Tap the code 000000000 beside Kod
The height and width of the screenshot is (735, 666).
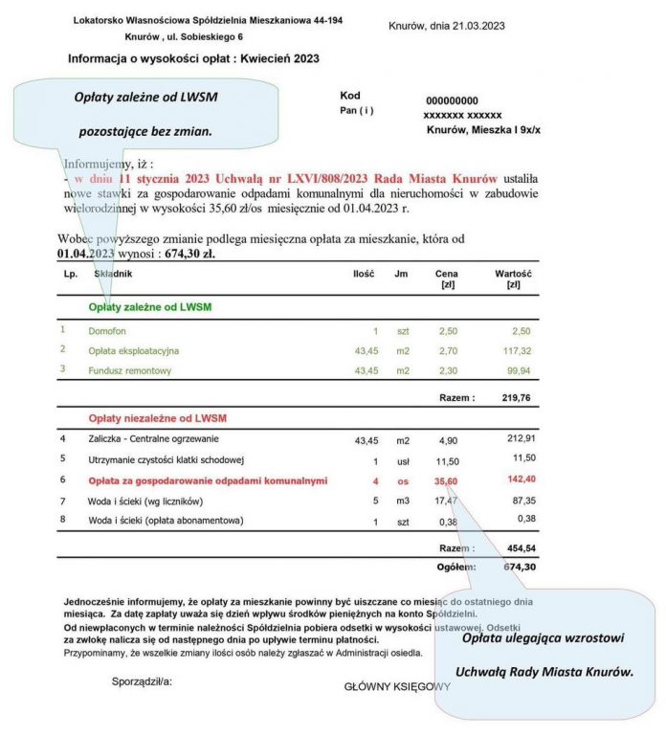452,100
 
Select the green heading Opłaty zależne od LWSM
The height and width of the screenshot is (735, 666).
149,306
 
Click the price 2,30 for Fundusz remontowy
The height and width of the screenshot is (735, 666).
448,369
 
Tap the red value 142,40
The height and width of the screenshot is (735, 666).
512,480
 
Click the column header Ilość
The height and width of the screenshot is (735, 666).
363,274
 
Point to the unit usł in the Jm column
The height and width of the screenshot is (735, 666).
403,461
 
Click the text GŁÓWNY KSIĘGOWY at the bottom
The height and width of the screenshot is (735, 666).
397,686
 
